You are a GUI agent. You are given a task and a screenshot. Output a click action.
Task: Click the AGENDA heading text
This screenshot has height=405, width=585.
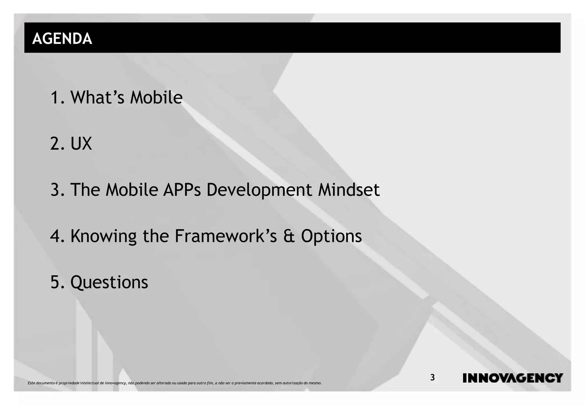coord(62,38)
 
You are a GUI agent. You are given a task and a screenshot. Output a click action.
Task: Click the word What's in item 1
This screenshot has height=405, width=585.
coord(97,97)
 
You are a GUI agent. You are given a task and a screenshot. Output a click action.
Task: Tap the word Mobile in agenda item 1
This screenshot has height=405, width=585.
coord(156,97)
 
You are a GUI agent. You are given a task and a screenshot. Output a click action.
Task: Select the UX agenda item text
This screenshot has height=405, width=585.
coord(81,143)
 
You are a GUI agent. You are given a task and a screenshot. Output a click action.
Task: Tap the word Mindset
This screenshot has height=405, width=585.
coord(349,190)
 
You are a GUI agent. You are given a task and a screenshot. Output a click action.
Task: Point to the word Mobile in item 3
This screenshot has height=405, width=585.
coord(132,190)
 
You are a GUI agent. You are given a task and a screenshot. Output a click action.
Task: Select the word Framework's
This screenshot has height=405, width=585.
coord(226,236)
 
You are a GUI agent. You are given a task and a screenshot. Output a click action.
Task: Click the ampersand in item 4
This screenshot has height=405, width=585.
coord(289,236)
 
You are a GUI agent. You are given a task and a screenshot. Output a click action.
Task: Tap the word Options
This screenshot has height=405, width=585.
coord(331,236)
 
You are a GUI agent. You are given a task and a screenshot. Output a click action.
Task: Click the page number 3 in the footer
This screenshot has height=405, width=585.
coord(432,378)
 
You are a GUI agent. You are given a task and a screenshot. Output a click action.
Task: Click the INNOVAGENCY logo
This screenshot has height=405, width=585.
coord(513,378)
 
